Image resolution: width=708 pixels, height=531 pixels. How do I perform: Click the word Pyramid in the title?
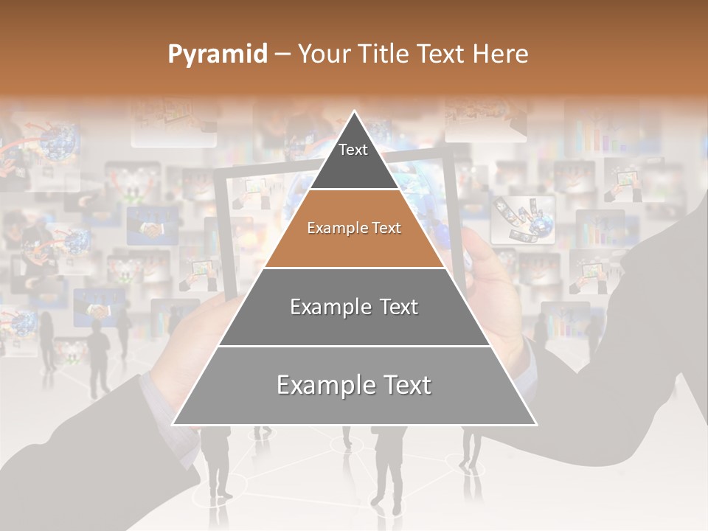point(217,55)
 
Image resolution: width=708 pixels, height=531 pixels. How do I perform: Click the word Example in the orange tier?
point(332,229)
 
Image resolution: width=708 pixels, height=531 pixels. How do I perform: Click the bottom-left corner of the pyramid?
point(173,424)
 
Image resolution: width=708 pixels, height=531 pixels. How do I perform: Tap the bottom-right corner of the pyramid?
point(535,424)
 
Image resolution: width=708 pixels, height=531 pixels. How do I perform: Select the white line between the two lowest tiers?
point(354,346)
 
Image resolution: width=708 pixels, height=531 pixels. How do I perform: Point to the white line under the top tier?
point(354,189)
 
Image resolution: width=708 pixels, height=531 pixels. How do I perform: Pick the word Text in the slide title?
point(443,54)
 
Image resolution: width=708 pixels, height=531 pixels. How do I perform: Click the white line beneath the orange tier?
point(354,268)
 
